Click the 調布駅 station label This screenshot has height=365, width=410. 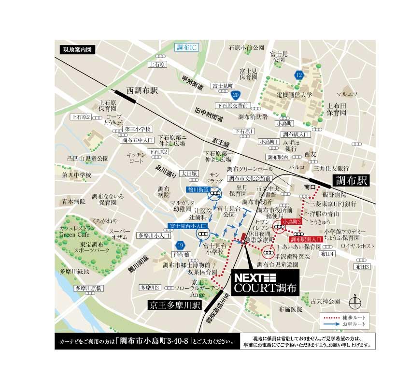point(352,181)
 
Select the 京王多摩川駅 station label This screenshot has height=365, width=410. point(175,305)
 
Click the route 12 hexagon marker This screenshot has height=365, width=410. point(299,75)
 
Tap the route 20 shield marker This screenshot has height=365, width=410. point(235,95)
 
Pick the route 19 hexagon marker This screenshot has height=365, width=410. point(180,245)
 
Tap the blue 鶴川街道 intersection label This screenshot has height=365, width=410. point(198,190)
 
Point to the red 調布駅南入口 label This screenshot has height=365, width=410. point(307,239)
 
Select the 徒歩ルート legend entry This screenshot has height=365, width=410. point(343,316)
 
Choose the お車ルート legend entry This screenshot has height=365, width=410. point(343,323)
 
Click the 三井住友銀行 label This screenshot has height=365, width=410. point(331,168)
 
